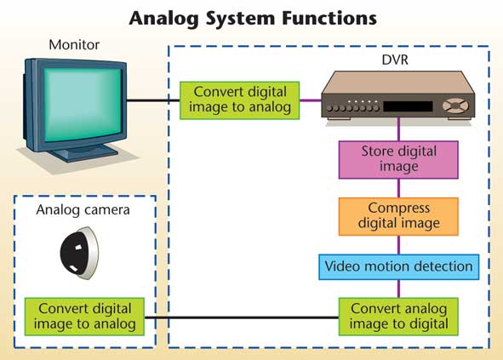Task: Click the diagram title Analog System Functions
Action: pyautogui.click(x=253, y=18)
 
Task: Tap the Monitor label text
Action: pyautogui.click(x=74, y=44)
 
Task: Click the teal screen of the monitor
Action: pyautogui.click(x=83, y=105)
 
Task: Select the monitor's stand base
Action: pyautogui.click(x=84, y=152)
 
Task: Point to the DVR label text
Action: pyautogui.click(x=395, y=60)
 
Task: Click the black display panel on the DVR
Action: pyautogui.click(x=408, y=106)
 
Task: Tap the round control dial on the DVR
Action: pyautogui.click(x=455, y=106)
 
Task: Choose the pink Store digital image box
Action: pyautogui.click(x=398, y=160)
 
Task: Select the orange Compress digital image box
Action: pyautogui.click(x=398, y=216)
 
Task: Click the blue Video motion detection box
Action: pyautogui.click(x=399, y=267)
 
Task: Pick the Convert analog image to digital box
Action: pyautogui.click(x=398, y=317)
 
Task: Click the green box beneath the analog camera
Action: pyautogui.click(x=84, y=317)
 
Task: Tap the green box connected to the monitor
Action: pyautogui.click(x=240, y=100)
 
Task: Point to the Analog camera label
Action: pyautogui.click(x=83, y=210)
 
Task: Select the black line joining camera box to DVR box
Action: pyautogui.click(x=242, y=317)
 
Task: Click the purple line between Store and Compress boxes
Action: pyautogui.click(x=399, y=188)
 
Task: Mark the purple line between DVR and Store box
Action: pyautogui.click(x=399, y=129)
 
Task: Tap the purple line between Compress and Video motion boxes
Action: pyautogui.click(x=399, y=245)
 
